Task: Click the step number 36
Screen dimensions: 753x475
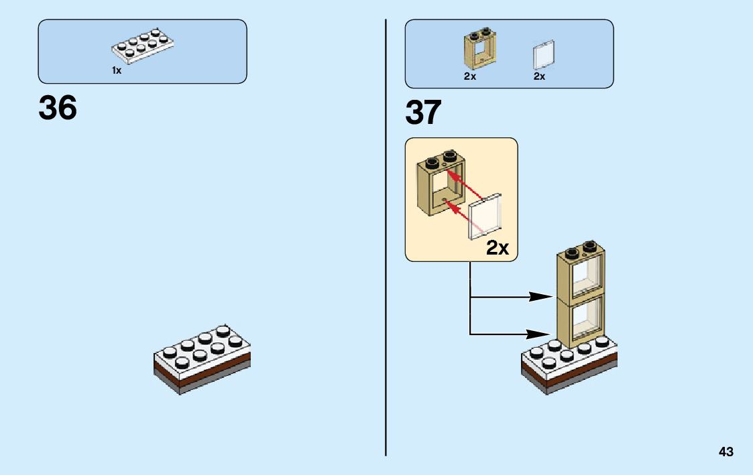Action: [58, 107]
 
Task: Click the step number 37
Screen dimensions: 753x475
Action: [423, 113]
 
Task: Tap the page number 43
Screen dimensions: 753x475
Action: [726, 452]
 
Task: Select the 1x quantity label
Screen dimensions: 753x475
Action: [117, 70]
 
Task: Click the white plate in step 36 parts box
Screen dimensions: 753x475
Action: [143, 46]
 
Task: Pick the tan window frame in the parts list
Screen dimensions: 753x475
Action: [479, 49]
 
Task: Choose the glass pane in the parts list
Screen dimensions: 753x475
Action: [544, 55]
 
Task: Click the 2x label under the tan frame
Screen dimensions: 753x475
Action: [469, 76]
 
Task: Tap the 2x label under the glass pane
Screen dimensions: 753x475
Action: [539, 76]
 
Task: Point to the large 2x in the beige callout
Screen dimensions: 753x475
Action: [498, 248]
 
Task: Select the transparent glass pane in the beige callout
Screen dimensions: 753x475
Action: [485, 216]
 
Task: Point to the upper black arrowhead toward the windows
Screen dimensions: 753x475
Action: [540, 297]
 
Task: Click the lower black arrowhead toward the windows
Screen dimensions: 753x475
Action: [538, 334]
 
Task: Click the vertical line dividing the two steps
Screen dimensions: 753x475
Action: [386, 237]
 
